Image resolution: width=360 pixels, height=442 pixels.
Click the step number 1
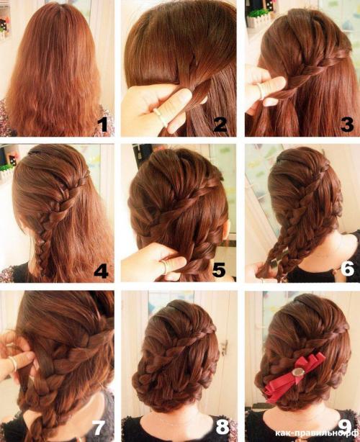103,125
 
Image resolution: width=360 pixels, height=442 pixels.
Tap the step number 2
220,125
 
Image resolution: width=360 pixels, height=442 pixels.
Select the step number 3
347,125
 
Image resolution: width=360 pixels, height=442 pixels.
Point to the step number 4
101,271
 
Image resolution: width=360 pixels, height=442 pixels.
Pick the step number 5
219,270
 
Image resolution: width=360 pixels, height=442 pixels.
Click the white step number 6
347,269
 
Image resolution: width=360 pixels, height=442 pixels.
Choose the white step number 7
99,427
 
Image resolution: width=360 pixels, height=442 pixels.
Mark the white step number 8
222,427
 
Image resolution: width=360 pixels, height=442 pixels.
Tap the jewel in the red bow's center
297,372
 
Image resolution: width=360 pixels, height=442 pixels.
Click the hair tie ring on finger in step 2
161,117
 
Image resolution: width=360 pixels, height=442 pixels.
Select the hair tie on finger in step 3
261,91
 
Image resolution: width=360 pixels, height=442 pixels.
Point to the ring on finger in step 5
163,266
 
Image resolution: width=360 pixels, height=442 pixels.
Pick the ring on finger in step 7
13,364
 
